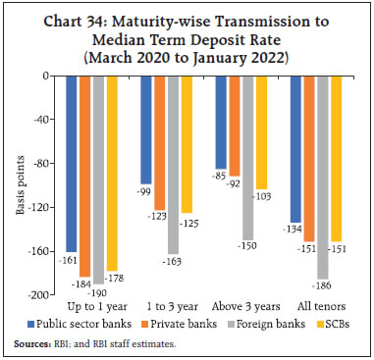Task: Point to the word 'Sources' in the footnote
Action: pyautogui.click(x=35, y=343)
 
